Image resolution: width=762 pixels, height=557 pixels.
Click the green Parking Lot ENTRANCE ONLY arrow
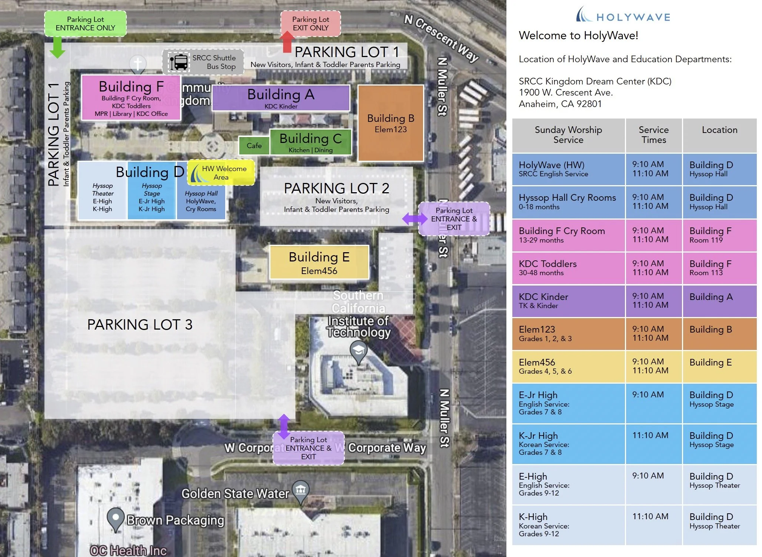pos(57,47)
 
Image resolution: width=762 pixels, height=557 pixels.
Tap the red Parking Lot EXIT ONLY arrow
pos(287,41)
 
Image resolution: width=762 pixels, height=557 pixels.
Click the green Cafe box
pos(254,146)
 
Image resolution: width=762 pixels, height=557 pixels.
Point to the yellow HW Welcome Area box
pos(222,173)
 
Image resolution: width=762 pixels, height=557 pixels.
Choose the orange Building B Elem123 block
pos(390,123)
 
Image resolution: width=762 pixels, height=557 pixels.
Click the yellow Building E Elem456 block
pos(319,263)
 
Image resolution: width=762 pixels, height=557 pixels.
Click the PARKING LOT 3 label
pos(140,325)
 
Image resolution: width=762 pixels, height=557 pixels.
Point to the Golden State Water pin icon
pos(300,491)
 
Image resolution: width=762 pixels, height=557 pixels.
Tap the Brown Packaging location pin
pos(115,518)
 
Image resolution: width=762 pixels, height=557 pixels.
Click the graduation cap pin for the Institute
pos(358,350)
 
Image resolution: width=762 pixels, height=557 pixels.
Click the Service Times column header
pos(653,135)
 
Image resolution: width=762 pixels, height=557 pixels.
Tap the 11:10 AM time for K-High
pos(650,517)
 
